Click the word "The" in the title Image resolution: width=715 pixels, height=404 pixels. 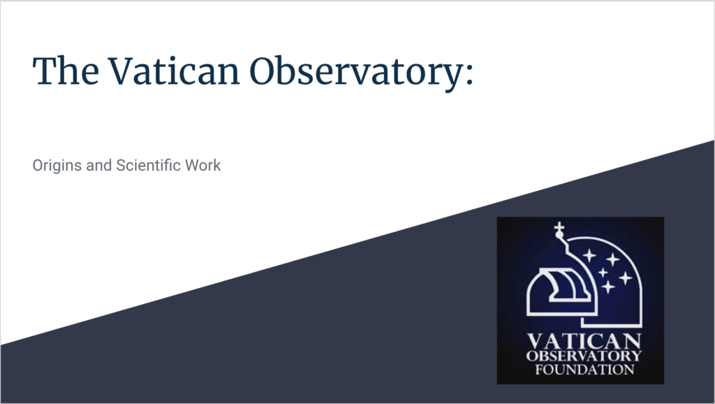click(66, 71)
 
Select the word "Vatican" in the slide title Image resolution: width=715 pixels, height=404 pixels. click(174, 71)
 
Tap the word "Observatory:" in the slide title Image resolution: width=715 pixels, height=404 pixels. click(362, 73)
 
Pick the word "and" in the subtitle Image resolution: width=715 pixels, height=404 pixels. click(99, 165)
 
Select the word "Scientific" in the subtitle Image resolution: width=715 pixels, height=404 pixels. click(149, 165)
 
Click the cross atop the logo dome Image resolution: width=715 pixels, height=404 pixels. click(559, 226)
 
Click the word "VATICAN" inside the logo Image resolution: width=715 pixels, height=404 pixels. click(584, 342)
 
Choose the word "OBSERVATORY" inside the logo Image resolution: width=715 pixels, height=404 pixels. click(584, 356)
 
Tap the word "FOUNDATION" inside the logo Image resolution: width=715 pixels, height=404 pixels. click(584, 369)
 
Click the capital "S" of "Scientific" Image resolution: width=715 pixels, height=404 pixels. click(121, 165)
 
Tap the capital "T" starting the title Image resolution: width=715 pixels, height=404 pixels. click(45, 71)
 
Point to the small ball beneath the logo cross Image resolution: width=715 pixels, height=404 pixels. click(559, 235)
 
